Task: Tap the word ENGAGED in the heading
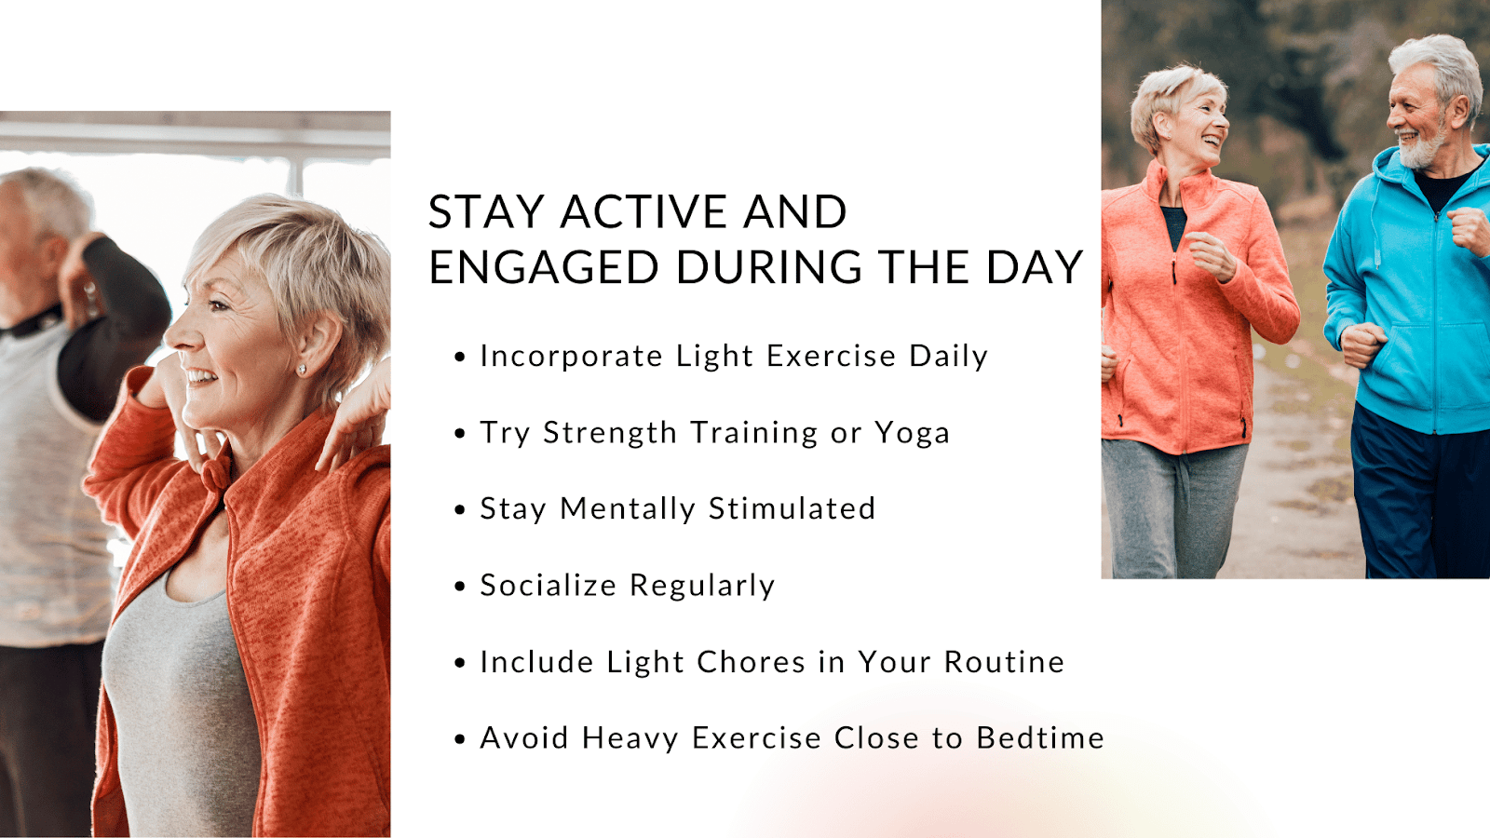click(x=544, y=267)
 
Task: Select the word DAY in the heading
click(x=1035, y=267)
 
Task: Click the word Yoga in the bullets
click(x=912, y=434)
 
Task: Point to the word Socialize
click(x=549, y=586)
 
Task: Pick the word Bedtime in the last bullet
click(x=1040, y=738)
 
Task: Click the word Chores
click(x=751, y=662)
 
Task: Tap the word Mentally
click(x=628, y=509)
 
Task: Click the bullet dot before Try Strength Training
click(x=460, y=434)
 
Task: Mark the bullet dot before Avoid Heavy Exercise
click(x=460, y=739)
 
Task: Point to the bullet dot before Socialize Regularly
click(x=460, y=587)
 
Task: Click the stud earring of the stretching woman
click(x=302, y=369)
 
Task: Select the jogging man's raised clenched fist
click(x=1470, y=230)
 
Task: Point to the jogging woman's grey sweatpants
click(x=1174, y=508)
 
